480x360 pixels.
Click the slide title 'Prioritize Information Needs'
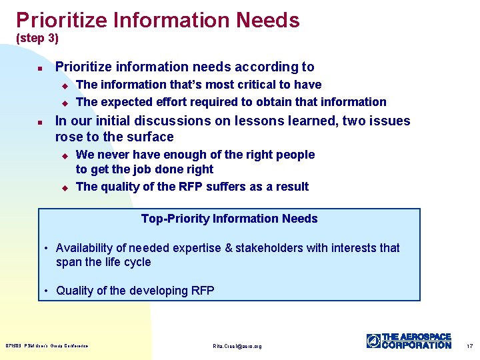158,20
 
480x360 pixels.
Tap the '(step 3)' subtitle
37,39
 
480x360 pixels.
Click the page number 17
469,346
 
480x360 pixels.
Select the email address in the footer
237,346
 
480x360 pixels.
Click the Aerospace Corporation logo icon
373,341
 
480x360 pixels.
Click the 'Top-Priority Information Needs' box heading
229,219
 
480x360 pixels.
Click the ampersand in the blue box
229,248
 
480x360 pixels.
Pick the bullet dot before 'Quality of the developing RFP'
47,291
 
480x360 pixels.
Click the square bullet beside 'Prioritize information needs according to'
40,68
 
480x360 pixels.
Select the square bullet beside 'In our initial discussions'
40,122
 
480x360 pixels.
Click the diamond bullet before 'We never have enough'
65,155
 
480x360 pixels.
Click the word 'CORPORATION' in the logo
417,345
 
